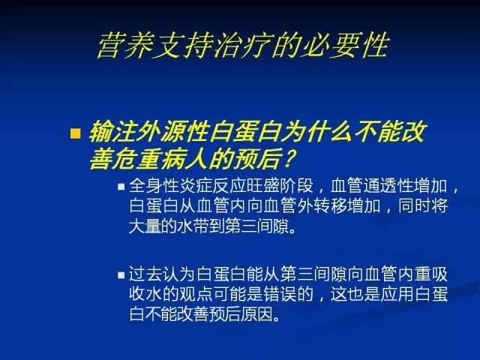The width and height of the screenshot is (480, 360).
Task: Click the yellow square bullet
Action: pyautogui.click(x=75, y=133)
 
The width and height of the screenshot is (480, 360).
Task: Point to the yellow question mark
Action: pyautogui.click(x=289, y=158)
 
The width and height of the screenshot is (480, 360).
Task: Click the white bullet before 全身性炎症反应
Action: pyautogui.click(x=121, y=187)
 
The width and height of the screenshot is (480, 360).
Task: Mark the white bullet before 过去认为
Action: pyautogui.click(x=121, y=275)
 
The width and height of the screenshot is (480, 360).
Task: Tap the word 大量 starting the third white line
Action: pyautogui.click(x=145, y=226)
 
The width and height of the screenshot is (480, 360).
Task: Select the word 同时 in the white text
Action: pyautogui.click(x=415, y=206)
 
